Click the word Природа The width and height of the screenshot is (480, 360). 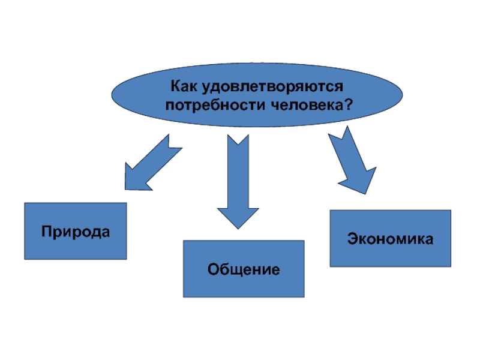[76, 231]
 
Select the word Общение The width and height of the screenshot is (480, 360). [244, 269]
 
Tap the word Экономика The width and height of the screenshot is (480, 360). [390, 239]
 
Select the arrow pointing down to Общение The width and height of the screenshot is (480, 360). [238, 180]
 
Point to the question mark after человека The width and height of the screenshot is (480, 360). [348, 104]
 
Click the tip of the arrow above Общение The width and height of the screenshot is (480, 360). [238, 227]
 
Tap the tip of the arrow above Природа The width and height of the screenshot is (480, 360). [127, 187]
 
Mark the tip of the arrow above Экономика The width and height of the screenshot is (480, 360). [365, 192]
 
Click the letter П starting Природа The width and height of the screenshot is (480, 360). [46, 231]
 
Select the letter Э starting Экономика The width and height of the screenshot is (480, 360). [350, 239]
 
